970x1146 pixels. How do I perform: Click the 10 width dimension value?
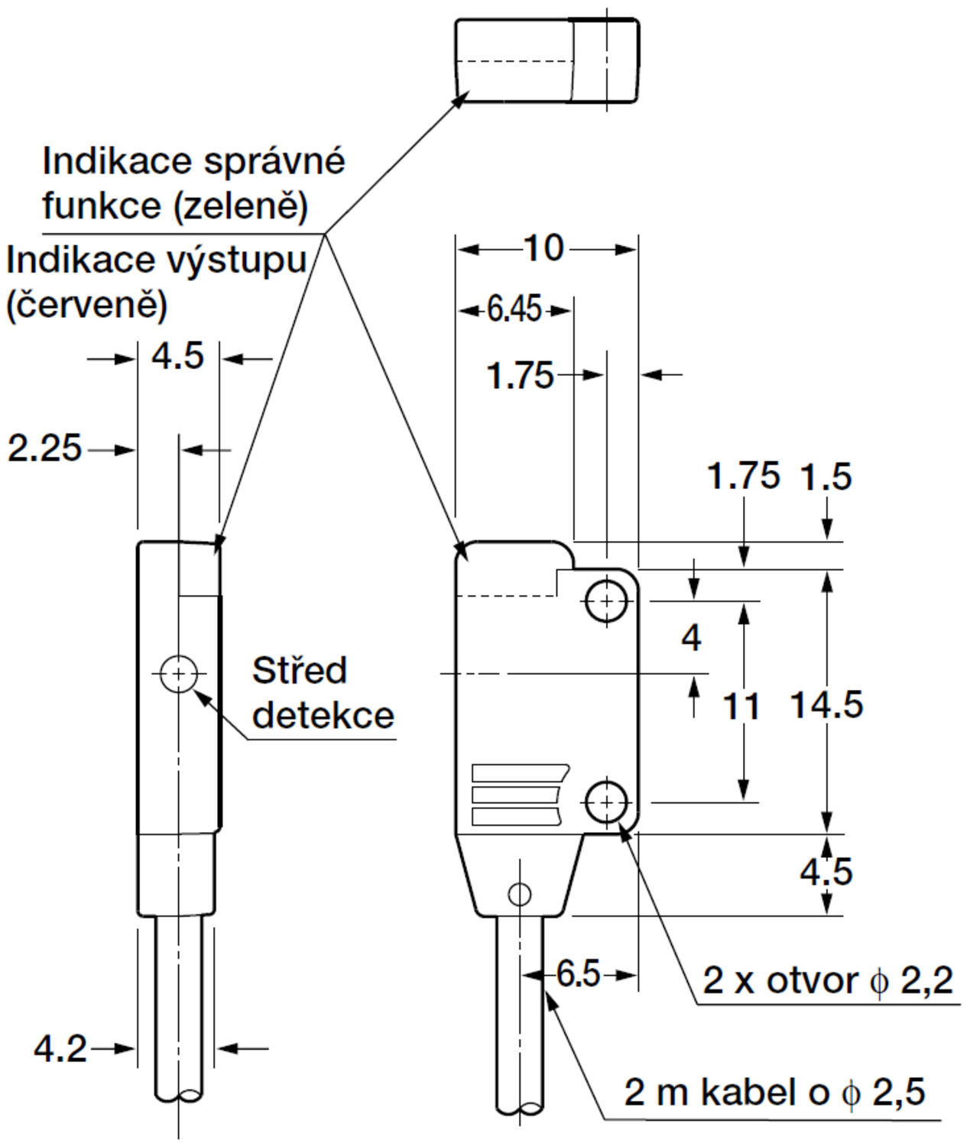543,248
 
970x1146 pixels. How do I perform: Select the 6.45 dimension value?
514,309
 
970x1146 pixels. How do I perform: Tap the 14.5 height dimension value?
826,704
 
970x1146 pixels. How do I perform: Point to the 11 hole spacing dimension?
741,707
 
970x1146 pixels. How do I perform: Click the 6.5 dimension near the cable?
578,974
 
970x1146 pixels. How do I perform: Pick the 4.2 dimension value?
60,1048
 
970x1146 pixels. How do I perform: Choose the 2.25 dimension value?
44,448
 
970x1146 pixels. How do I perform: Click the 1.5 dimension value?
826,477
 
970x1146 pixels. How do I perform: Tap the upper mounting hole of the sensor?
607,601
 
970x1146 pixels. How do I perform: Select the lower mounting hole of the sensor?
607,802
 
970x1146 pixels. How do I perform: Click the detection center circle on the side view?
179,674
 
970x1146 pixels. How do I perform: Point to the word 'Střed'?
300,671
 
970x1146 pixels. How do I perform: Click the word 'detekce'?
323,715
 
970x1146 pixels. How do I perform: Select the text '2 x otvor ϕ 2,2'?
828,980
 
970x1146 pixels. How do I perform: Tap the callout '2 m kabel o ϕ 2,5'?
774,1093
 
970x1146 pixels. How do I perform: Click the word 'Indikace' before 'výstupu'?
79,261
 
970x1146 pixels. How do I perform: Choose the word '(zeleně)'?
241,206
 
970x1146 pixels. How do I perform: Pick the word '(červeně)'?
86,306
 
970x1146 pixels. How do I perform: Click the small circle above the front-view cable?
520,893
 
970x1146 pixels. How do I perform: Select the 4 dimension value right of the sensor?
691,637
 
